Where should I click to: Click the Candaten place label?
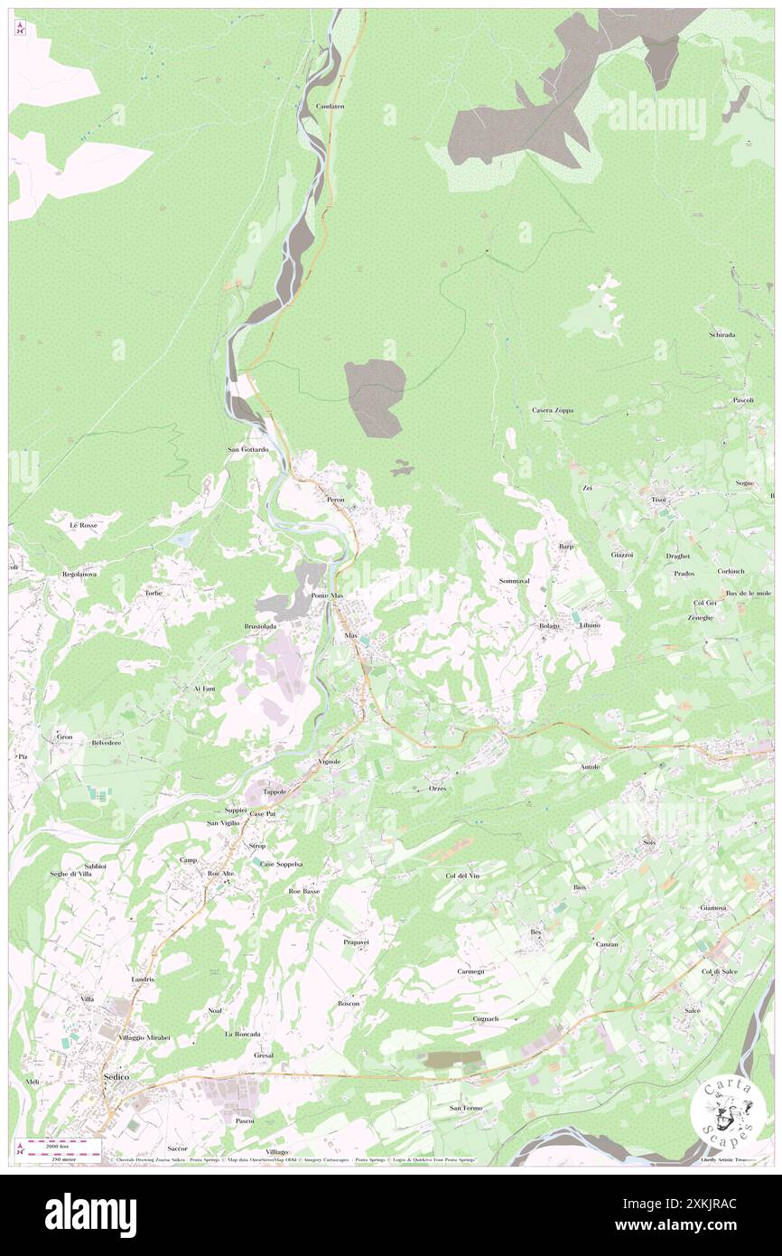pos(330,106)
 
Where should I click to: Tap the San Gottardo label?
pos(247,449)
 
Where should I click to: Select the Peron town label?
pos(336,499)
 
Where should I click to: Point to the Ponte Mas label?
pos(327,597)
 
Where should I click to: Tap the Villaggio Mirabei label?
pos(144,1037)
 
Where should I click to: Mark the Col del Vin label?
pos(461,876)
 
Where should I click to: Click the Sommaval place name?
pos(513,580)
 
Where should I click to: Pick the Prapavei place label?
pos(357,942)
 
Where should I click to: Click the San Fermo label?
pos(466,1108)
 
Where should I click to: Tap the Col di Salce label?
pos(720,971)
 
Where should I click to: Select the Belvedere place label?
pos(107,742)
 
